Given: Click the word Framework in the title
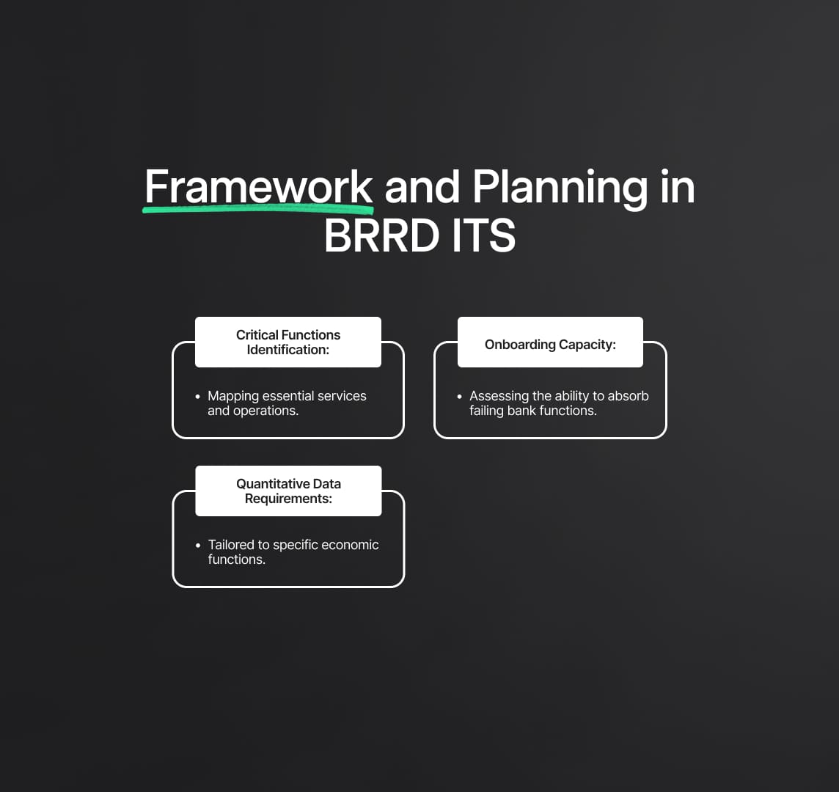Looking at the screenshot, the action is point(258,186).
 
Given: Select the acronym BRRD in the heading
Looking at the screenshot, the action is point(381,235).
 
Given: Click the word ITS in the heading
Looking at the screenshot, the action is point(484,235).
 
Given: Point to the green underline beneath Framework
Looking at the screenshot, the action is point(258,209).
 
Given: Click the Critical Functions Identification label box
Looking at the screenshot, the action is point(288,342).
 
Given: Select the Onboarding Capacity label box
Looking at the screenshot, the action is point(550,342).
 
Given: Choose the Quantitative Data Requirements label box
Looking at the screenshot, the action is point(288,491).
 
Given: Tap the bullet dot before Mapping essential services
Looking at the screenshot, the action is point(197,397).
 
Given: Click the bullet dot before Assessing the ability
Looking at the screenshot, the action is point(459,397).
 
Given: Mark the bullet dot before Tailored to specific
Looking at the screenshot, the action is point(198,546).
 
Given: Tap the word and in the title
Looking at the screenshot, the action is point(422,186).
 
